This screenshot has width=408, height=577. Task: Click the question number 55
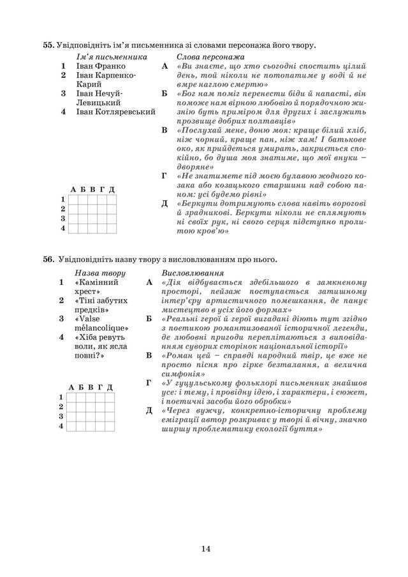[x=48, y=45]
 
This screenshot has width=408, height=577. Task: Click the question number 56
[x=48, y=259]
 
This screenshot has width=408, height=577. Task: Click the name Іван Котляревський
[x=116, y=112]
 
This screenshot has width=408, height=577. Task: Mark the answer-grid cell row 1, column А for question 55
[x=73, y=200]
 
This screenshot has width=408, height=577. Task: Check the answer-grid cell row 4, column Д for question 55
[x=112, y=228]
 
